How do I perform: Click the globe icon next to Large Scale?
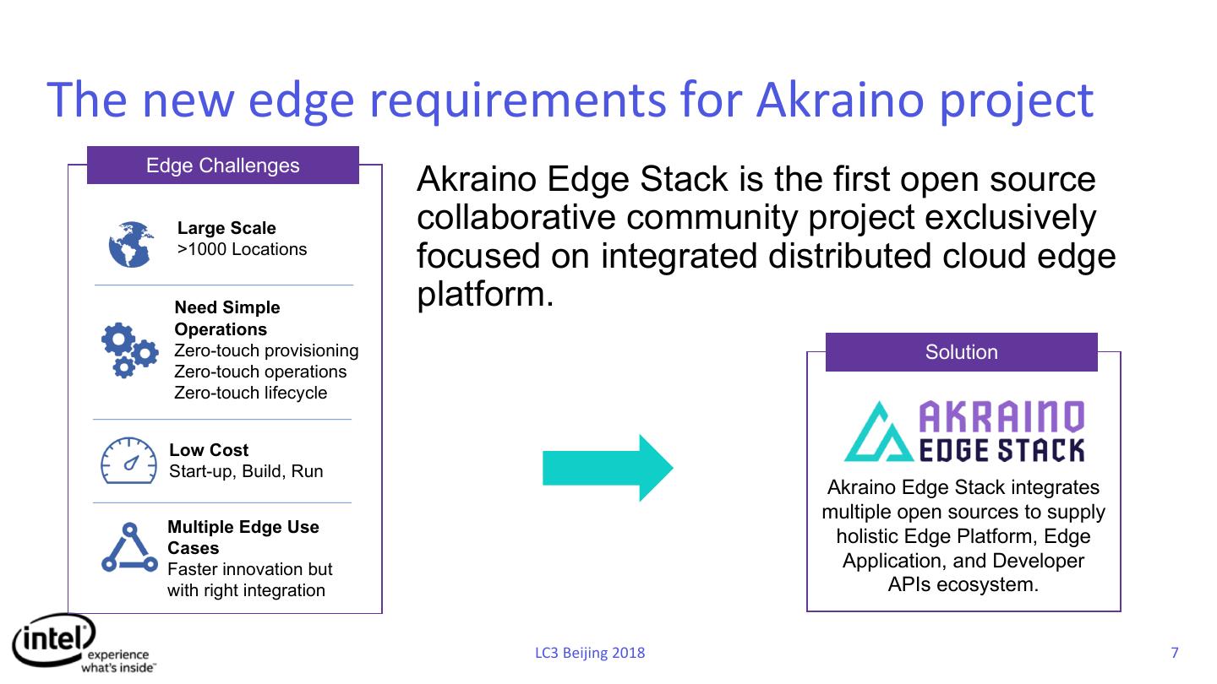click(131, 244)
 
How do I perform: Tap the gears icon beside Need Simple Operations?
click(129, 350)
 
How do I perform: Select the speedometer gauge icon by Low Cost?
click(128, 461)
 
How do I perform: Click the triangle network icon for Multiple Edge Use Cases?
click(129, 547)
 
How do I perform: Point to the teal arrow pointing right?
click(608, 468)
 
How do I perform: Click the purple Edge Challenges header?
click(223, 165)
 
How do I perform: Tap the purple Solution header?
click(961, 352)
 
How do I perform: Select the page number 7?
click(1175, 652)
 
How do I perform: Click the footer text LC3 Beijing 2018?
click(590, 653)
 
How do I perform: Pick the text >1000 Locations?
click(242, 249)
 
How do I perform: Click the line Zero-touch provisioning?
click(266, 350)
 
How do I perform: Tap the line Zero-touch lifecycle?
click(250, 393)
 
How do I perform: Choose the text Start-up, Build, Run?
click(246, 471)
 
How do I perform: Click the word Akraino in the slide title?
click(840, 100)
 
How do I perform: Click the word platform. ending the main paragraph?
click(485, 295)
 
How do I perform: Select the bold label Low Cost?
click(209, 450)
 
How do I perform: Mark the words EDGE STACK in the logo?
click(1001, 450)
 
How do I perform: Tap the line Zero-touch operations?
click(260, 372)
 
